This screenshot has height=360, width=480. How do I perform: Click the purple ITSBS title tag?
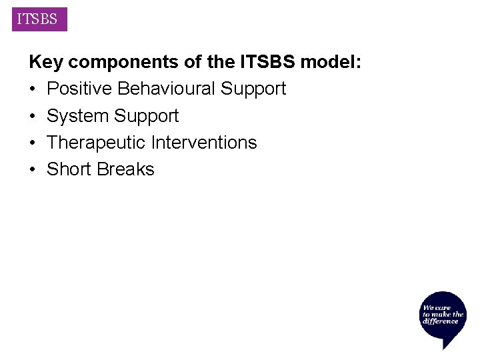(37, 19)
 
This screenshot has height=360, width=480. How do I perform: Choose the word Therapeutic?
(97, 143)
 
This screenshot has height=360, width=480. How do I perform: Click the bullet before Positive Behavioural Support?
(33, 89)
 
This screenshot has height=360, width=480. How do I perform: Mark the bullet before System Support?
(33, 116)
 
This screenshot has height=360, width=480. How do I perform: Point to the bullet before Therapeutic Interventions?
(33, 143)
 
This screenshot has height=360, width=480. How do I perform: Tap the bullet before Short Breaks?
(33, 169)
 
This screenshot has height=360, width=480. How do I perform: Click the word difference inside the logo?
(441, 321)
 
